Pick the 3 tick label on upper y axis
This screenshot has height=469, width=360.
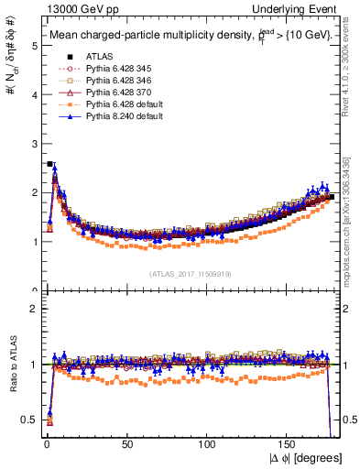point(34,143)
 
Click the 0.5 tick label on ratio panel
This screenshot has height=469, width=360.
point(29,420)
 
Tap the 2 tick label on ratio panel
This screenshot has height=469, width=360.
point(34,309)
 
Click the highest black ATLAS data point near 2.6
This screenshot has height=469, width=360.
point(49,164)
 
